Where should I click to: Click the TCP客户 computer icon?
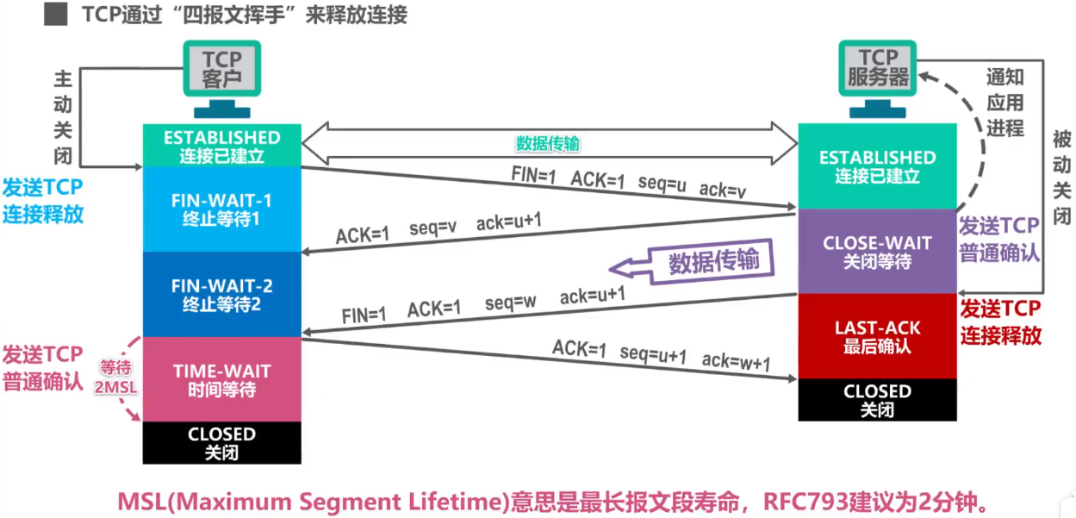click(x=222, y=78)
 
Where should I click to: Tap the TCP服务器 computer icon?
click(x=878, y=78)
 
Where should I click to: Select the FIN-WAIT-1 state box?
click(x=222, y=209)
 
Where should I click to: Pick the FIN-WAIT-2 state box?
click(x=222, y=294)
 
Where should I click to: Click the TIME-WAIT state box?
click(x=222, y=379)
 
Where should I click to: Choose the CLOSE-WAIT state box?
click(x=878, y=252)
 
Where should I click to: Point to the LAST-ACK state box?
click(x=878, y=336)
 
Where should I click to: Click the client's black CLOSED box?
click(x=222, y=442)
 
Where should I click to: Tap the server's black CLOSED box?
click(x=878, y=400)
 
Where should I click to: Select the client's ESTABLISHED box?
click(x=222, y=146)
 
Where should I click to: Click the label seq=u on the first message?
click(x=662, y=183)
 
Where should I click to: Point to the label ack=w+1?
click(x=736, y=360)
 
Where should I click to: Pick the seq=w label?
click(x=510, y=303)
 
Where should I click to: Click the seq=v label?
click(x=432, y=227)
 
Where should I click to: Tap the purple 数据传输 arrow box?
click(x=692, y=262)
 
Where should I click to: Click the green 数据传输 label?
click(x=548, y=143)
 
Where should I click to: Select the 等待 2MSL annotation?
click(x=115, y=378)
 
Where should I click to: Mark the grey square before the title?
click(x=56, y=14)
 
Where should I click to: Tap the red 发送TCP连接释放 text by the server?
click(x=1000, y=322)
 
